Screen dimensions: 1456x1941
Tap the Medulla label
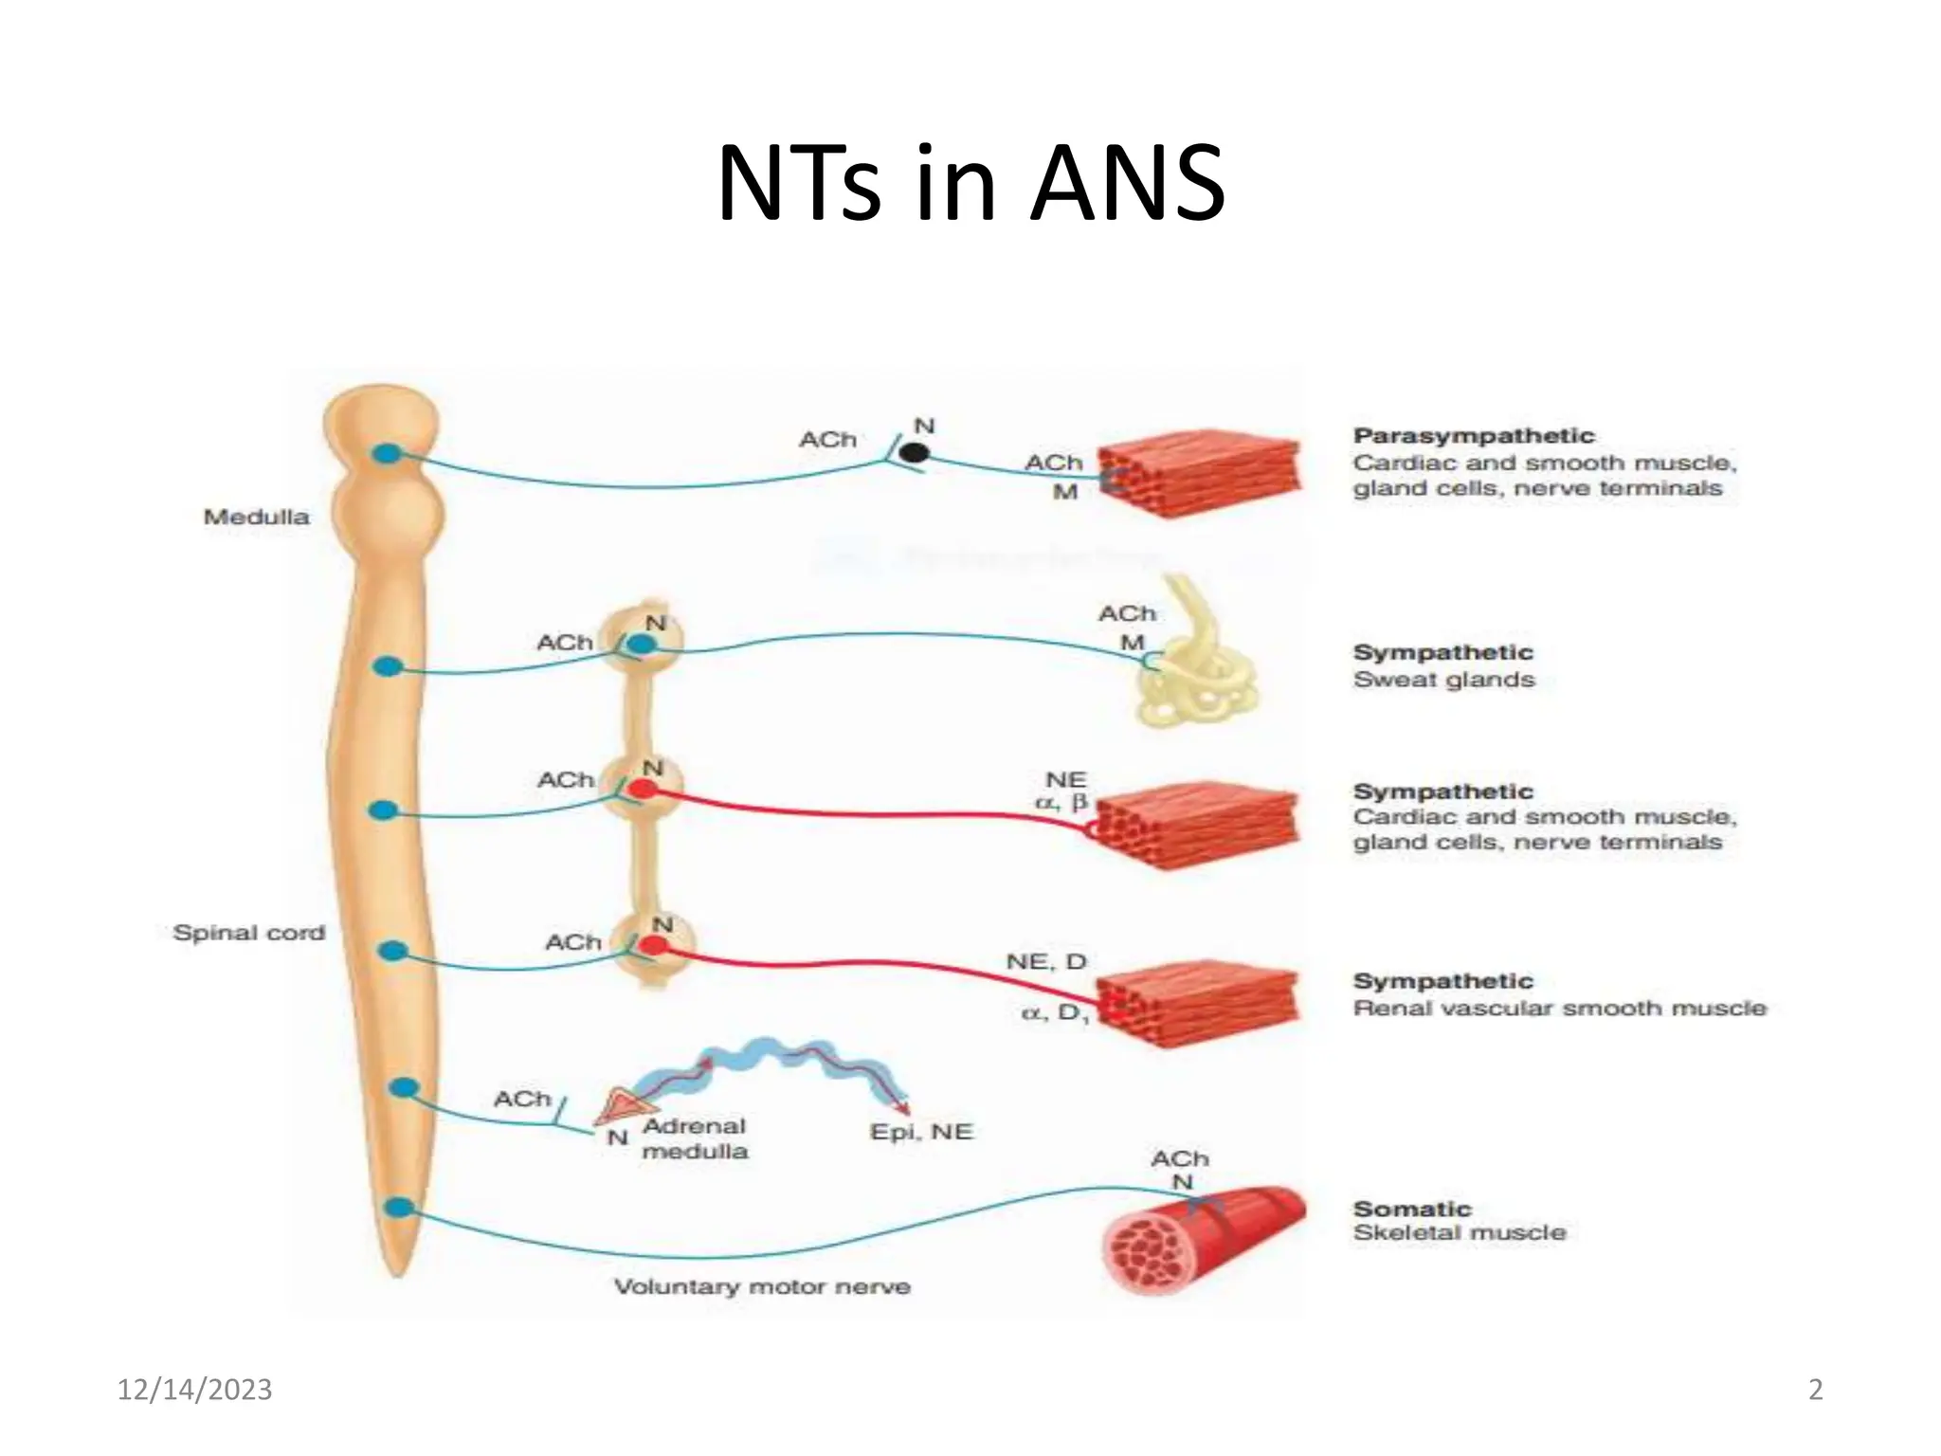[256, 517]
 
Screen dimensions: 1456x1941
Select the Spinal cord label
[248, 933]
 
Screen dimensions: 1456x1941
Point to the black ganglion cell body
[914, 453]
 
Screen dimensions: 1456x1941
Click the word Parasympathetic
[1473, 436]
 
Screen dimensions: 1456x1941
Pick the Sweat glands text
[1442, 680]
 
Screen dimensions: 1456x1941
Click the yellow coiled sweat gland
[1196, 664]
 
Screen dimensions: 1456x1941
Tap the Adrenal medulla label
[694, 1138]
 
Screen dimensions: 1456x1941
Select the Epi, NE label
[921, 1132]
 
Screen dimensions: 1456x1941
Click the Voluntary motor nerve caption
[762, 1286]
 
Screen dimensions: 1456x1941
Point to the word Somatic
[1411, 1209]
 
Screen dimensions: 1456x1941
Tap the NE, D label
[1045, 961]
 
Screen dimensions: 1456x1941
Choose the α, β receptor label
[1061, 803]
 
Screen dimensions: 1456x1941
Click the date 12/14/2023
[194, 1390]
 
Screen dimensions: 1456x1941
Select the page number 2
[1815, 1390]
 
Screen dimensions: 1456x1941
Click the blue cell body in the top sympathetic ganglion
[642, 645]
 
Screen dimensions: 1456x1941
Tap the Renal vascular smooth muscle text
[1559, 1008]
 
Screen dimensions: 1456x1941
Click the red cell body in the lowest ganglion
[653, 944]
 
